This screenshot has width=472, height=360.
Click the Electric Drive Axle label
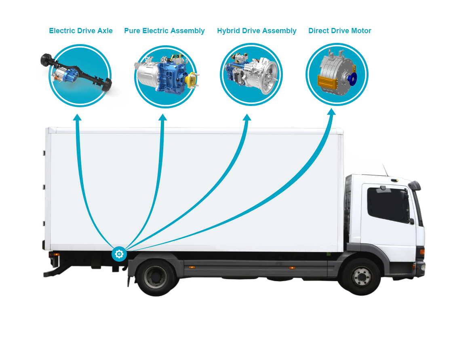81,31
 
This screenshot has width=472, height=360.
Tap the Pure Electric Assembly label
164,31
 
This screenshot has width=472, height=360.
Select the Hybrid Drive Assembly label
257,31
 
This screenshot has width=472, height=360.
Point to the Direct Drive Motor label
339,31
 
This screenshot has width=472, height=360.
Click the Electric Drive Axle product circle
80,76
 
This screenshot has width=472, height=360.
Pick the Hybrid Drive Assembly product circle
251,74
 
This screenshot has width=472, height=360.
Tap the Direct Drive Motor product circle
337,74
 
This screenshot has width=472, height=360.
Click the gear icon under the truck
119,254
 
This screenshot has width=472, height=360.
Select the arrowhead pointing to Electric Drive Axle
77,117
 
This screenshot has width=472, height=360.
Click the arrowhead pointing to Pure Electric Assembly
162,117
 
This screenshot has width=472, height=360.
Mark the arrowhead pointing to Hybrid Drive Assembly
247,117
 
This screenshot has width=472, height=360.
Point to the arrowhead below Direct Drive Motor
331,112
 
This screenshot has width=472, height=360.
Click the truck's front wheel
359,276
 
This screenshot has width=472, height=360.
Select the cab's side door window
388,204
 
